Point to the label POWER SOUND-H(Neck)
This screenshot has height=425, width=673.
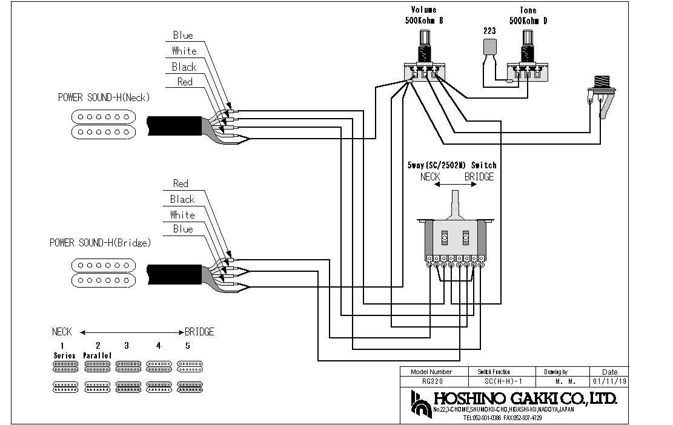pos(104,97)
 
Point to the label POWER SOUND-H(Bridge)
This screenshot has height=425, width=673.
pos(100,243)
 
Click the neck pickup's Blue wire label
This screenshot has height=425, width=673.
pos(183,35)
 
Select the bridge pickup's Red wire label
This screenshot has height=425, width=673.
pos(181,183)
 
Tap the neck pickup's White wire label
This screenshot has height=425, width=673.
pos(184,51)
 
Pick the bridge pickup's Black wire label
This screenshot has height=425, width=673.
pos(182,199)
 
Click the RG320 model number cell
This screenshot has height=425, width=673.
pos(431,382)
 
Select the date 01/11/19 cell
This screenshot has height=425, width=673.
pos(609,382)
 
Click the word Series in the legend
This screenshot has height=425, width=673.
pos(64,355)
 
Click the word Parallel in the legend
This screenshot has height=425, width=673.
pos(96,355)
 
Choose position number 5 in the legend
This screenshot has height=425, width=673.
pos(188,345)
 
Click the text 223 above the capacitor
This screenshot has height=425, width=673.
pos(489,30)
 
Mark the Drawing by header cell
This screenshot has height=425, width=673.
pos(555,372)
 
